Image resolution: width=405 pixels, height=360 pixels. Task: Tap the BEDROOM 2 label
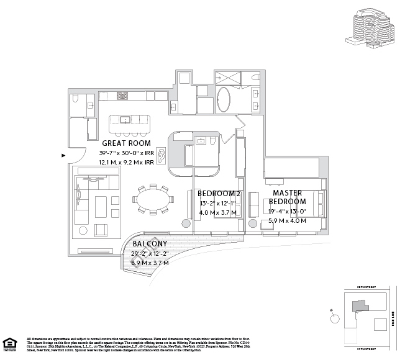[x=219, y=194]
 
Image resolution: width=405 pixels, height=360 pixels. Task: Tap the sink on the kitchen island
[x=124, y=119]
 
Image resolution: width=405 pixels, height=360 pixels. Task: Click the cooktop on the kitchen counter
[x=122, y=97]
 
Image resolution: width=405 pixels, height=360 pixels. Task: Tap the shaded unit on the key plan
[x=359, y=305]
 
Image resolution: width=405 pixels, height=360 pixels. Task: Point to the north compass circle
[x=336, y=316]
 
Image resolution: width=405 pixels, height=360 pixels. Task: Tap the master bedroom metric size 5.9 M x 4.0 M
[x=287, y=220]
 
